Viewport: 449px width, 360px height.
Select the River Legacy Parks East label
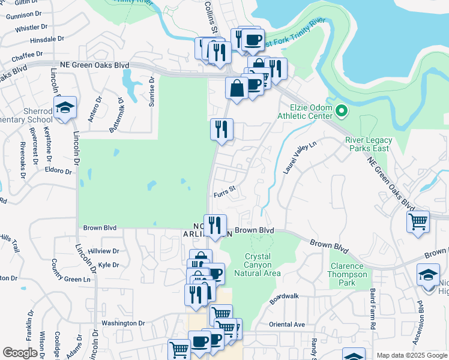[x=368, y=144]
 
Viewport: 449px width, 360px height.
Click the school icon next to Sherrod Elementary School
[x=65, y=108]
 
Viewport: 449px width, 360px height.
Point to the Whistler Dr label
[x=31, y=28]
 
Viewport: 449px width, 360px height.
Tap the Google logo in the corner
[x=20, y=353]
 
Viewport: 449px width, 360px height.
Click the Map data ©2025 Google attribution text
[x=411, y=355]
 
